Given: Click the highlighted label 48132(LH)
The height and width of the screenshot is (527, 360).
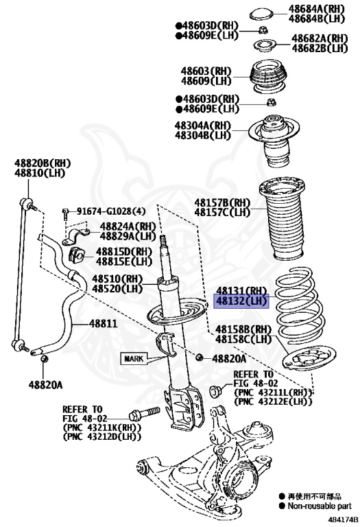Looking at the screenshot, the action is click(x=242, y=301).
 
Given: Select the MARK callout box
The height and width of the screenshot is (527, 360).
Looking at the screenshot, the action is click(x=134, y=359).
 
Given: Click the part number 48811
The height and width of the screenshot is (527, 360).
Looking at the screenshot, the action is click(x=104, y=324).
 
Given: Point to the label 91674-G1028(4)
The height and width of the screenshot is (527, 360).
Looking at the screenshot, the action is click(x=111, y=211).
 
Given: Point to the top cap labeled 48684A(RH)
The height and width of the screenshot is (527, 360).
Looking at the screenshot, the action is click(x=261, y=14).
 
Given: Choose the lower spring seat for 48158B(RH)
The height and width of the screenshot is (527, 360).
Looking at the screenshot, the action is click(x=309, y=360).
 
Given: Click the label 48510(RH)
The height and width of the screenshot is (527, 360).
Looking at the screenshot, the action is click(x=117, y=279).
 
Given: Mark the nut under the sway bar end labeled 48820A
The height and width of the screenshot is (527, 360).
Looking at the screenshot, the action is click(x=44, y=360).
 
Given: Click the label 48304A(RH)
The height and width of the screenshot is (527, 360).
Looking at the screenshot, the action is click(x=203, y=126).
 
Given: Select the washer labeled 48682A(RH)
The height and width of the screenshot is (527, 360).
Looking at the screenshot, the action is click(x=264, y=45).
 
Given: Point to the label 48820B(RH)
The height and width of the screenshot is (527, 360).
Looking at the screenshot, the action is click(x=43, y=163).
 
